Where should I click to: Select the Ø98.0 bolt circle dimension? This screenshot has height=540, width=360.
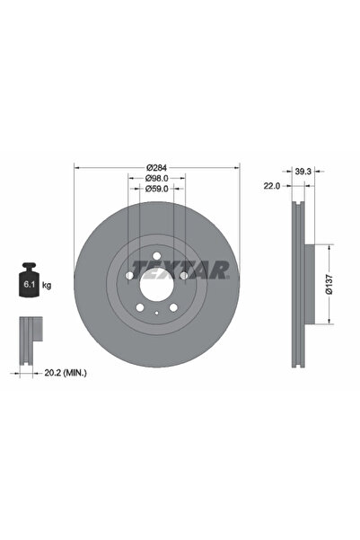(157, 178)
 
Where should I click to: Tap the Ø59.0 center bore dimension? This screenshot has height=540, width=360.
(157, 190)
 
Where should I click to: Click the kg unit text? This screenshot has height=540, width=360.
(47, 285)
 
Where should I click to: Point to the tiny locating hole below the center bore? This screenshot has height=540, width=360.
(157, 312)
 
